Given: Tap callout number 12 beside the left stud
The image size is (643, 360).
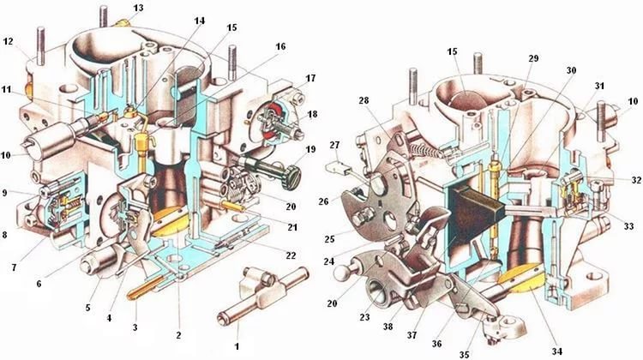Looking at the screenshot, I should coord(9,41).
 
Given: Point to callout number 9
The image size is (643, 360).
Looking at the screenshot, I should coord(6,192).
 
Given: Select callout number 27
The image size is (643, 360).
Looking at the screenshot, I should coord(334,145).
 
